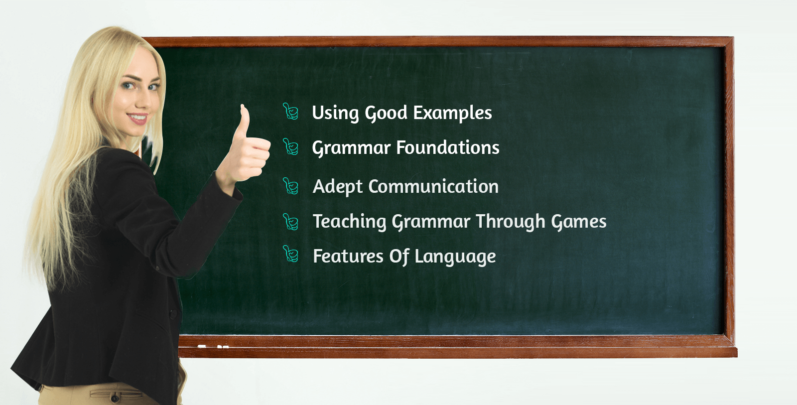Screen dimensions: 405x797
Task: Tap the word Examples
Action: pos(452,113)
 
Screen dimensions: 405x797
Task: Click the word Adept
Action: pos(337,187)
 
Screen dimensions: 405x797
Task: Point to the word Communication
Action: pos(433,187)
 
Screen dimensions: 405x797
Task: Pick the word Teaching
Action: pos(349,222)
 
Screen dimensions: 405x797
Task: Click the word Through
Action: pos(510,222)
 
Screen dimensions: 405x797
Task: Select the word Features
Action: pos(348,257)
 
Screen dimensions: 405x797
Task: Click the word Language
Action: pos(455,257)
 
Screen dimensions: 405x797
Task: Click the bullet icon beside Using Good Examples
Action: pos(290,112)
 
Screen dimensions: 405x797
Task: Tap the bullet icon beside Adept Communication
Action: pos(290,186)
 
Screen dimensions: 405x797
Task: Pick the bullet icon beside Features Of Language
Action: pos(290,254)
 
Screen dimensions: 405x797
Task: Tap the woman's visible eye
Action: pos(129,86)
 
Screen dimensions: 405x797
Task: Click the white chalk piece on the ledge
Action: pos(202,346)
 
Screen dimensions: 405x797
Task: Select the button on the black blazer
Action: pos(173,314)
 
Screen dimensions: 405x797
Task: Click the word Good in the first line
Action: pos(386,114)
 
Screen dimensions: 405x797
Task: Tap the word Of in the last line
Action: pos(398,257)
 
